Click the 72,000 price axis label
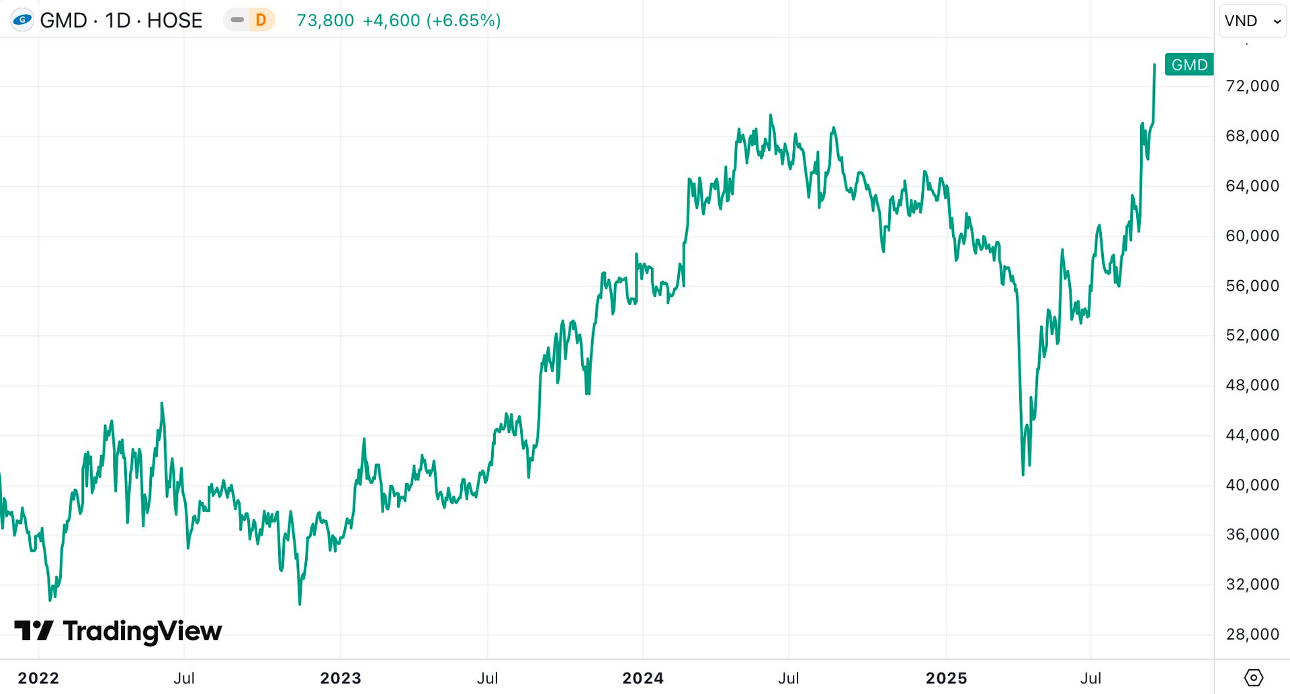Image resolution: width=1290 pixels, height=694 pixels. point(1252,86)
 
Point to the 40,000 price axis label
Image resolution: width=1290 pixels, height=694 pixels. point(1252,485)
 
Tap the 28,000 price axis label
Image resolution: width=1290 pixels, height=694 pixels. point(1252,634)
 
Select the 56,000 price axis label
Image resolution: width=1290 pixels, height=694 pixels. point(1252,286)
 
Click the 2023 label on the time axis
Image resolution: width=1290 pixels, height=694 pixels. point(341,679)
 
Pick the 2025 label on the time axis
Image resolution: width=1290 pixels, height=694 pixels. point(946,679)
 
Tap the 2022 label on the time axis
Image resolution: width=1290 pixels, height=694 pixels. point(38,679)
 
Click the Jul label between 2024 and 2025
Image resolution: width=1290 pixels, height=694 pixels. point(789,679)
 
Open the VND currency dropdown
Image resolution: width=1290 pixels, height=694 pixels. point(1252,21)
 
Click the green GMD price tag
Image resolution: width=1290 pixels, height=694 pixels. point(1189,64)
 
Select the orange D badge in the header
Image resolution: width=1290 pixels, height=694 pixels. point(261,20)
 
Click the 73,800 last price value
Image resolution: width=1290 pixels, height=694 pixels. point(325,20)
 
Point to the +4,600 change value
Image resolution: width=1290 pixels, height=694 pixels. point(391,20)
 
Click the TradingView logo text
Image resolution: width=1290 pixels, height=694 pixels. point(142,631)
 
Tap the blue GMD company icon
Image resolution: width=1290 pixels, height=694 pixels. point(22,20)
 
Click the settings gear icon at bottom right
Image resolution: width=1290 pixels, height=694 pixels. point(1254,678)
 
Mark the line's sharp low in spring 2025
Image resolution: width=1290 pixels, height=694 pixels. point(1023,474)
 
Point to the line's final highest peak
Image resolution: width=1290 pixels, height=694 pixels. point(1154,65)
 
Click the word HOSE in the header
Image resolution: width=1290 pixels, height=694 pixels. point(175,20)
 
